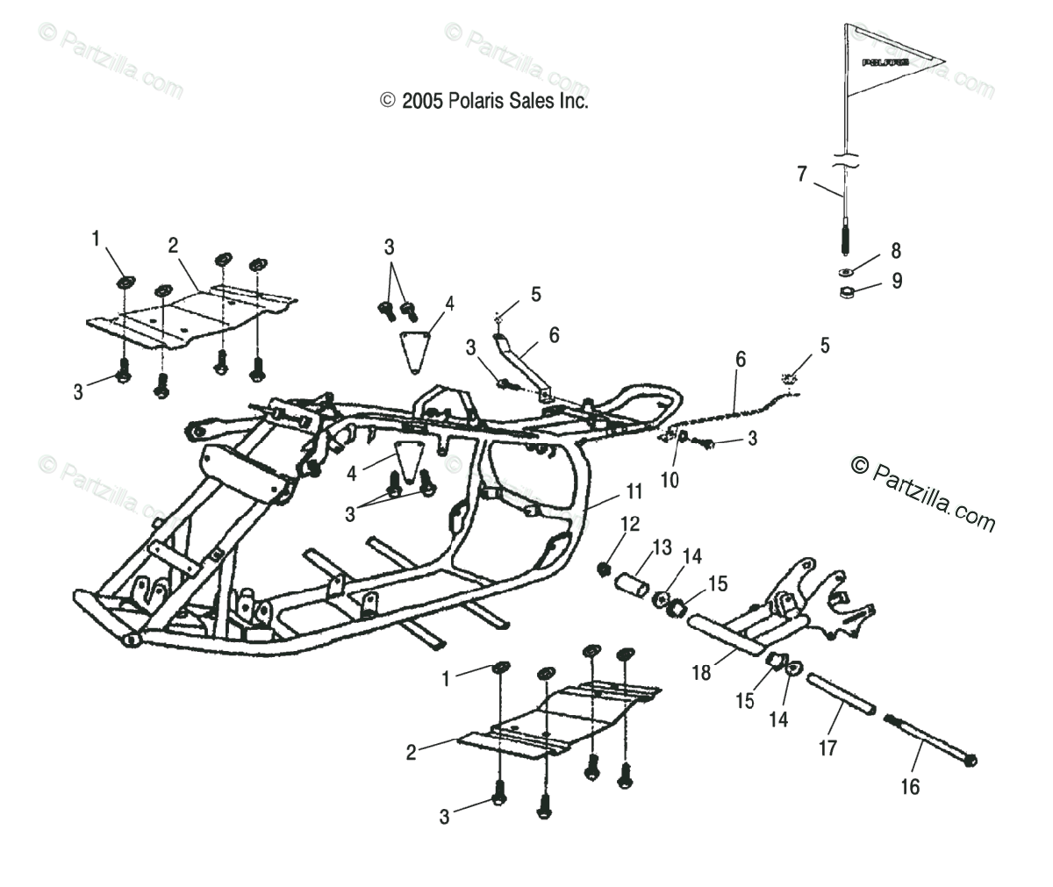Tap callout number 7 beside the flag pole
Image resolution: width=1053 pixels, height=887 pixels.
pos(801,173)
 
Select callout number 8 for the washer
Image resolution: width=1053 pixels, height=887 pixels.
pos(895,251)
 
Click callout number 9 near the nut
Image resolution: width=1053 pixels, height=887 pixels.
pos(895,281)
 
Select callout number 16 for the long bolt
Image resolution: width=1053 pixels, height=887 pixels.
pos(910,787)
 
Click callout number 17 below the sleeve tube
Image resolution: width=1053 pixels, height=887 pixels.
pos(827,748)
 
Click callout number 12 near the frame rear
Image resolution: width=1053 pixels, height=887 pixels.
pos(630,524)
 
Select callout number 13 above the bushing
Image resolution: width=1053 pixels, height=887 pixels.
pos(661,547)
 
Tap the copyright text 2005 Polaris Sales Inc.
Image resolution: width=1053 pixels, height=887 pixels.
pos(484,101)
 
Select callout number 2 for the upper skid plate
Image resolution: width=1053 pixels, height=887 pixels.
pos(173,245)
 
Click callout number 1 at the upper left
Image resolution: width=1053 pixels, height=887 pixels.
pos(96,238)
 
